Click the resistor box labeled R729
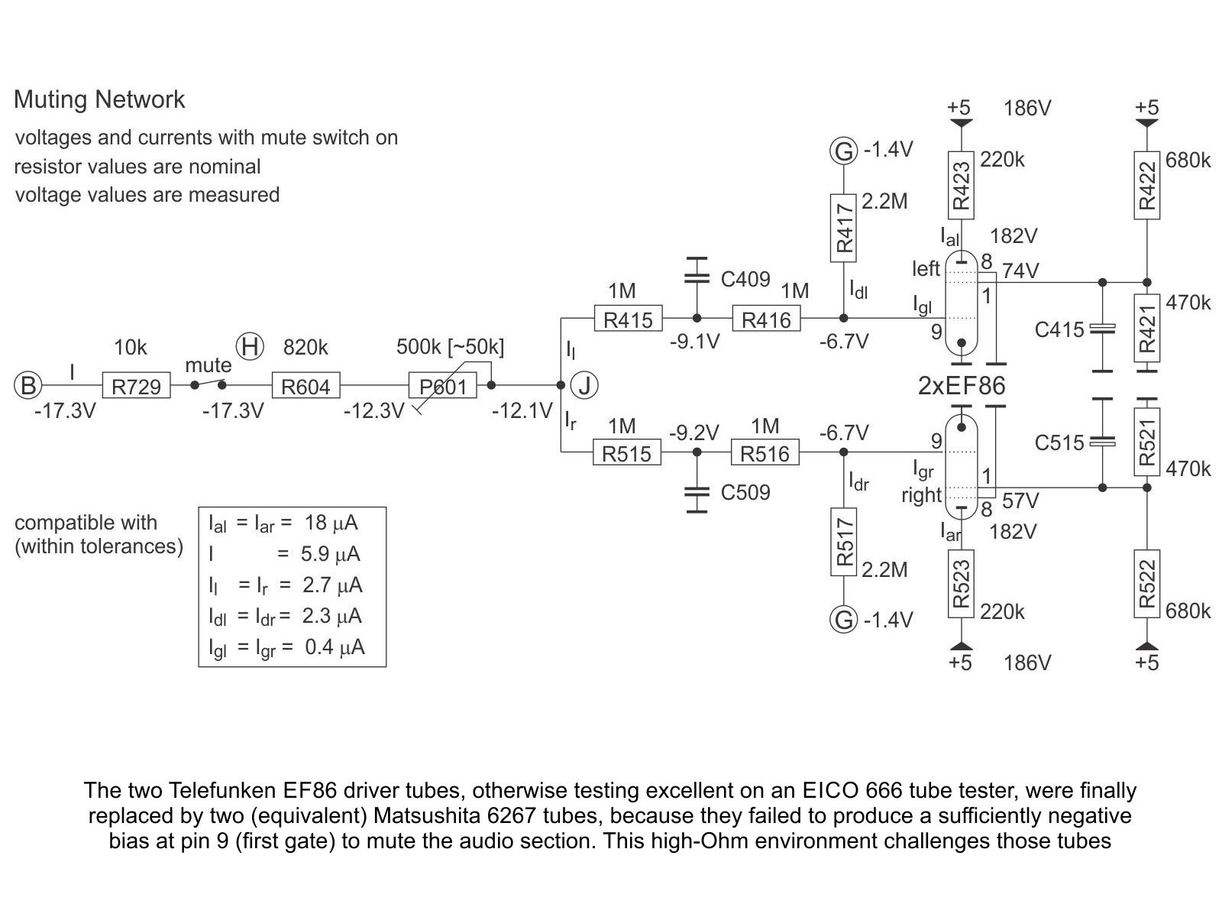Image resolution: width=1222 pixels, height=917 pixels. tap(137, 385)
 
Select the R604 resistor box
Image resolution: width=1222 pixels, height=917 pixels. tap(305, 385)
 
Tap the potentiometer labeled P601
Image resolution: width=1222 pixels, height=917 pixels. tap(442, 385)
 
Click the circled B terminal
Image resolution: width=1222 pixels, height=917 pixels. tap(27, 385)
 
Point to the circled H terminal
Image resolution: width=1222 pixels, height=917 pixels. tap(250, 346)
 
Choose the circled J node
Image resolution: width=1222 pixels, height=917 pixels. tap(584, 385)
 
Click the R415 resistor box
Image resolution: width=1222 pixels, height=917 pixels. tap(628, 319)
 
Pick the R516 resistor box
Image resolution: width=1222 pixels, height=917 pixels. tap(765, 452)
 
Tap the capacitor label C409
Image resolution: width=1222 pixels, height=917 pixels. tap(745, 279)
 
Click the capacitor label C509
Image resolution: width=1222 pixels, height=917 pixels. tap(745, 492)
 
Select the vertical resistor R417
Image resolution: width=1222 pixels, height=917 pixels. tap(843, 228)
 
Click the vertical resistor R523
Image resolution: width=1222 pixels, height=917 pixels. tap(961, 584)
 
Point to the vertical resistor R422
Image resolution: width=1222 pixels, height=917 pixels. tap(1147, 186)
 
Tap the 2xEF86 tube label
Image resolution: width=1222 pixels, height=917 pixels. tap(962, 386)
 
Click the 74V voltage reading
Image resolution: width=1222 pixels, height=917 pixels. tap(1020, 271)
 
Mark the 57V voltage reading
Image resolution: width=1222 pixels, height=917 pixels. tap(1020, 501)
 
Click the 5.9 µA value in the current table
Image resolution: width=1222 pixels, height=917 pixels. tap(331, 554)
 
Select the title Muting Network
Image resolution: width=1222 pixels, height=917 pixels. tap(99, 99)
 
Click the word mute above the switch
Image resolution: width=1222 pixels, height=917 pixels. tap(209, 365)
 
